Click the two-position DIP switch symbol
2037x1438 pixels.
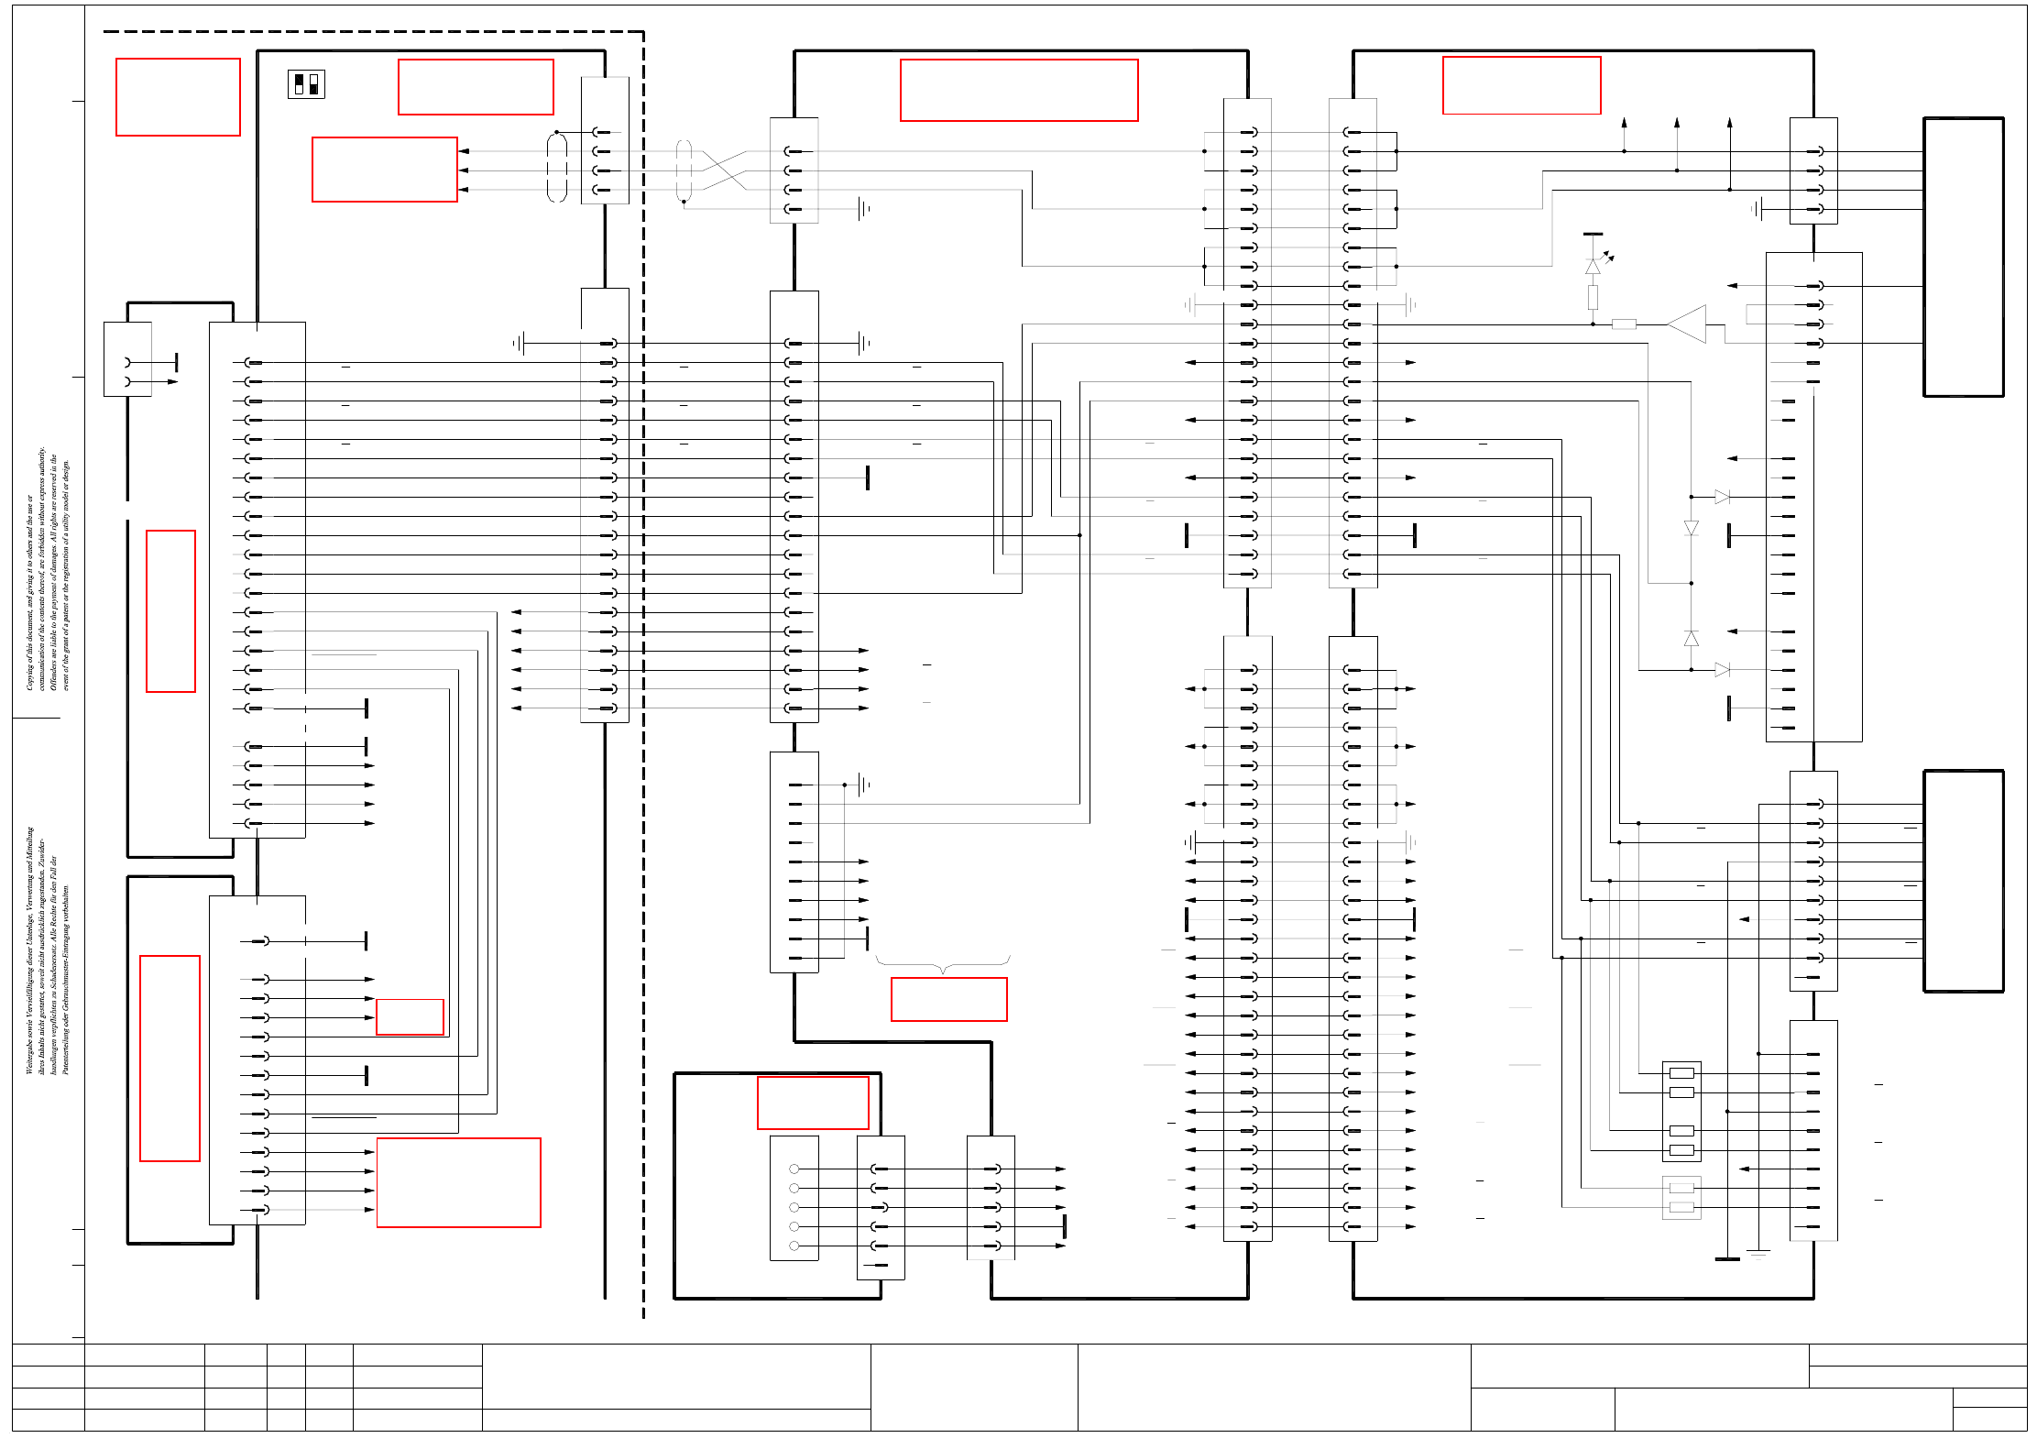(306, 84)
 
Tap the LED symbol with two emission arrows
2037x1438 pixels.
(1593, 266)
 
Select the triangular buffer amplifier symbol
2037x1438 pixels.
(1687, 324)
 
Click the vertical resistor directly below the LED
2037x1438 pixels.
(1593, 297)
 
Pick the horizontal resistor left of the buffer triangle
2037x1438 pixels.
(1624, 324)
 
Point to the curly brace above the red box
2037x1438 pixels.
(943, 963)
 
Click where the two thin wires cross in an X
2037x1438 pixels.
(725, 170)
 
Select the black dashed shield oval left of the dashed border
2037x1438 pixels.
(557, 167)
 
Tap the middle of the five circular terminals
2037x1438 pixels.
(794, 1207)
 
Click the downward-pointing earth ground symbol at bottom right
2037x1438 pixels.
(1758, 1253)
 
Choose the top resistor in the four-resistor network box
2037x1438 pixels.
(1681, 1073)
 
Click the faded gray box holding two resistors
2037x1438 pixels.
(1681, 1198)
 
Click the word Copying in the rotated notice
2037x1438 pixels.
(29, 673)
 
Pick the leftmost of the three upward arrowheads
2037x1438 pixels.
(1624, 122)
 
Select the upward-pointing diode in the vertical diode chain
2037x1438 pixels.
(1692, 639)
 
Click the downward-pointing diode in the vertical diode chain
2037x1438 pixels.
(1692, 528)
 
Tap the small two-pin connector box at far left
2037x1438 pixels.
(127, 359)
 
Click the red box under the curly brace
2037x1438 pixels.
(949, 999)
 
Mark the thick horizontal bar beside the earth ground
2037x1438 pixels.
(1727, 1259)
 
